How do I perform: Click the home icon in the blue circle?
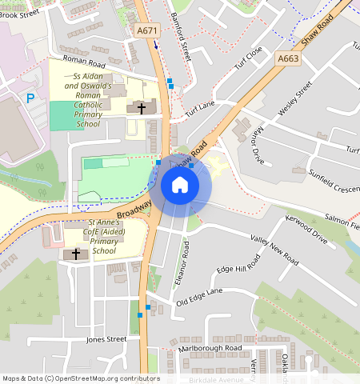[180, 185]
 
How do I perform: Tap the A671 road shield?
[146, 31]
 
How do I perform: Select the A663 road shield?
[289, 58]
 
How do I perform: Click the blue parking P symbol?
[30, 98]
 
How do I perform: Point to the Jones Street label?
[106, 339]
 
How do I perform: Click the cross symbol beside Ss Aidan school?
[142, 106]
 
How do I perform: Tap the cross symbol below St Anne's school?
[76, 254]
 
